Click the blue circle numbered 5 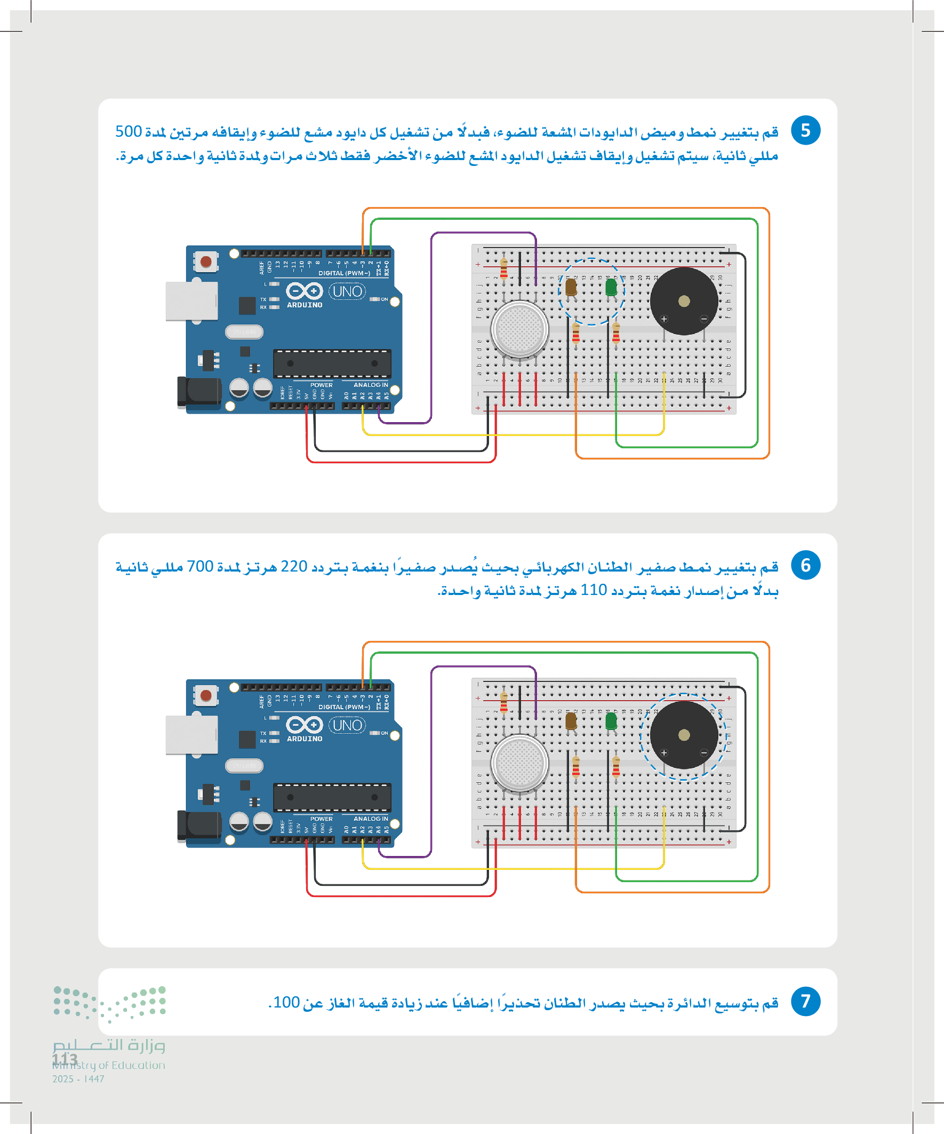point(805,131)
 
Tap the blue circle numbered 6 point(805,565)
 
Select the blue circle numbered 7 point(805,1001)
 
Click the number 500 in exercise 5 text point(129,132)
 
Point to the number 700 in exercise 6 point(199,566)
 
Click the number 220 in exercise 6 point(294,566)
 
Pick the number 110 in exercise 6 point(593,590)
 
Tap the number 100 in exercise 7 point(286,1002)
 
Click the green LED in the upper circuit point(611,287)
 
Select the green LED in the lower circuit point(611,721)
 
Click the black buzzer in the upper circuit point(683,301)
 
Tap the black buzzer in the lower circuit point(683,734)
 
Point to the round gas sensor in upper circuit point(519,329)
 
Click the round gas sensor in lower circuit point(519,763)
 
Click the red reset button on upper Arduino point(206,262)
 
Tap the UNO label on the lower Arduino point(347,725)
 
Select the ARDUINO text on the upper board point(305,305)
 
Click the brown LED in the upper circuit point(571,287)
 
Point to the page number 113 point(65,1059)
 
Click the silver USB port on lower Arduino point(191,734)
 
